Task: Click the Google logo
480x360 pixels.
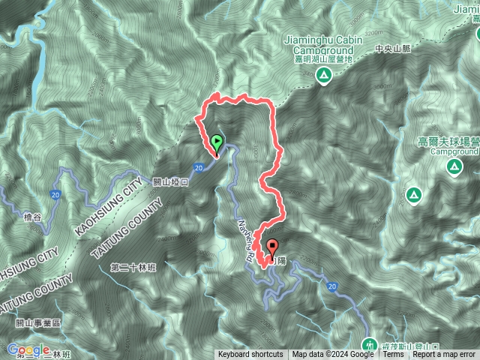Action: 28,349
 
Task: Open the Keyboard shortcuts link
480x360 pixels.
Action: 250,355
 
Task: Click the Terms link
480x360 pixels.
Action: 393,355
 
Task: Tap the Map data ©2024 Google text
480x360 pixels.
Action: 333,355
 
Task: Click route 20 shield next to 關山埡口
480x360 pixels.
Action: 197,168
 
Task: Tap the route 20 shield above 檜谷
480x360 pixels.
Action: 55,195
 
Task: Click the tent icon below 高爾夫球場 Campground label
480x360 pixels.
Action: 453,166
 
